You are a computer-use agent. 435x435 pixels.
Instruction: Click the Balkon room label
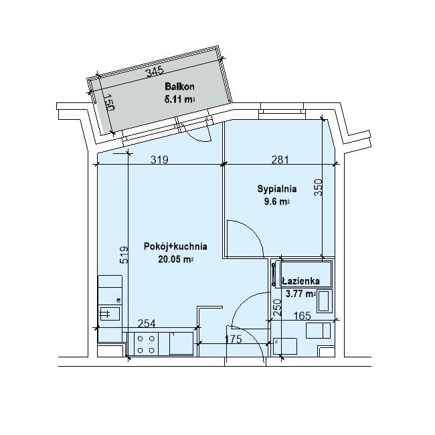[x=179, y=87]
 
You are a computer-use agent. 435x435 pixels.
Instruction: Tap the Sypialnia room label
[x=277, y=189]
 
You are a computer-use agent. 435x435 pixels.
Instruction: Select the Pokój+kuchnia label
[x=175, y=246]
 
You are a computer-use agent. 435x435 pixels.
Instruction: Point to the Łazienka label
[x=300, y=281]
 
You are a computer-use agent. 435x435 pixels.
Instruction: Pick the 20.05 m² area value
[x=175, y=259]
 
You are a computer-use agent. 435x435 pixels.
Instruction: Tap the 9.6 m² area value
[x=277, y=201]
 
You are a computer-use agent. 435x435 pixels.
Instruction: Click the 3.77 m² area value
[x=300, y=294]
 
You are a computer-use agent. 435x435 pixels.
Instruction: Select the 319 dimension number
[x=159, y=160]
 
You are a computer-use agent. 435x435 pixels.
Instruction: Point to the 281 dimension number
[x=280, y=160]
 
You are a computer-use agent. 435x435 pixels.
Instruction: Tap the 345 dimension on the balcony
[x=155, y=72]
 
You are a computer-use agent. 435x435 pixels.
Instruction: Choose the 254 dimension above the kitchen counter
[x=147, y=323]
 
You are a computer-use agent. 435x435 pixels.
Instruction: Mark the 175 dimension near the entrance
[x=233, y=339]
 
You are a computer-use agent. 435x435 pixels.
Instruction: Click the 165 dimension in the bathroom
[x=302, y=316]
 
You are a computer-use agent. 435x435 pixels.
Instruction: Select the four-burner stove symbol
[x=146, y=344]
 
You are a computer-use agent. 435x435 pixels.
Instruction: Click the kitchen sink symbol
[x=110, y=313]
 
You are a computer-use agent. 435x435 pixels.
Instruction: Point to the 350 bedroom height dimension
[x=319, y=187]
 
